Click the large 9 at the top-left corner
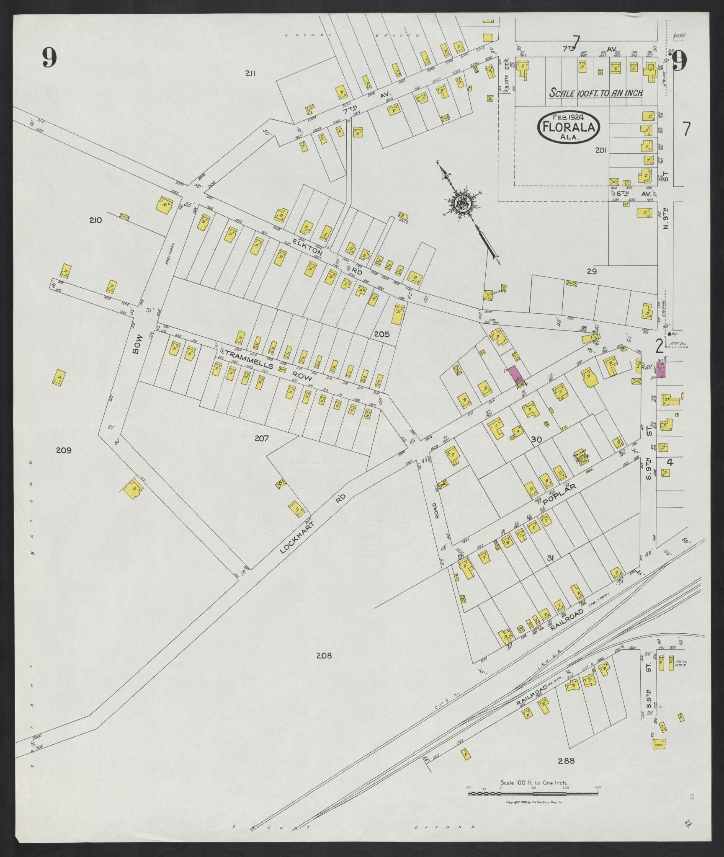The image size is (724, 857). pyautogui.click(x=49, y=57)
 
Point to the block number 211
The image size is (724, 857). pyautogui.click(x=250, y=74)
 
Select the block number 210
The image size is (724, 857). pyautogui.click(x=95, y=220)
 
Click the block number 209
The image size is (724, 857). pyautogui.click(x=64, y=451)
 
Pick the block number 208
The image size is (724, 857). pyautogui.click(x=324, y=656)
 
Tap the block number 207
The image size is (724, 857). pyautogui.click(x=262, y=438)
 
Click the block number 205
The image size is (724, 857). pyautogui.click(x=382, y=334)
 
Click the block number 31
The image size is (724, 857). pyautogui.click(x=551, y=558)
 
